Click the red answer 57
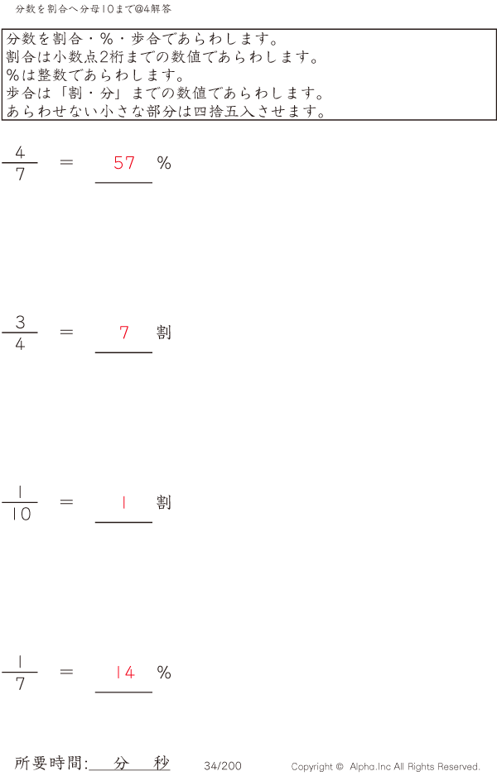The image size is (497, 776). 124,163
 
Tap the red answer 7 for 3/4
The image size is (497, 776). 124,333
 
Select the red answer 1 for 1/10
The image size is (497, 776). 124,502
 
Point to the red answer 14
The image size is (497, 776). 124,673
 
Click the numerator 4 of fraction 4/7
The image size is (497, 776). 20,152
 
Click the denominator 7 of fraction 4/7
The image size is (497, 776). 20,175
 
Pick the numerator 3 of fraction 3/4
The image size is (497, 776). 20,322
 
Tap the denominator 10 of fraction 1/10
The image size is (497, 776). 20,515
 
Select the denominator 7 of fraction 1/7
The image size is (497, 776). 20,684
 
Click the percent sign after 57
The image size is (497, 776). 164,163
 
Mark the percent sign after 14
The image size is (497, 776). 164,673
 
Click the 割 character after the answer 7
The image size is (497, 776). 164,333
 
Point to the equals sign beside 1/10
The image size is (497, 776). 67,501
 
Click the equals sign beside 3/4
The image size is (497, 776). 67,332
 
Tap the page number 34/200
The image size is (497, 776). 223,766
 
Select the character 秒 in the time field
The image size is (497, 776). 161,763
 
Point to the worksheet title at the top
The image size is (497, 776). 93,8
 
